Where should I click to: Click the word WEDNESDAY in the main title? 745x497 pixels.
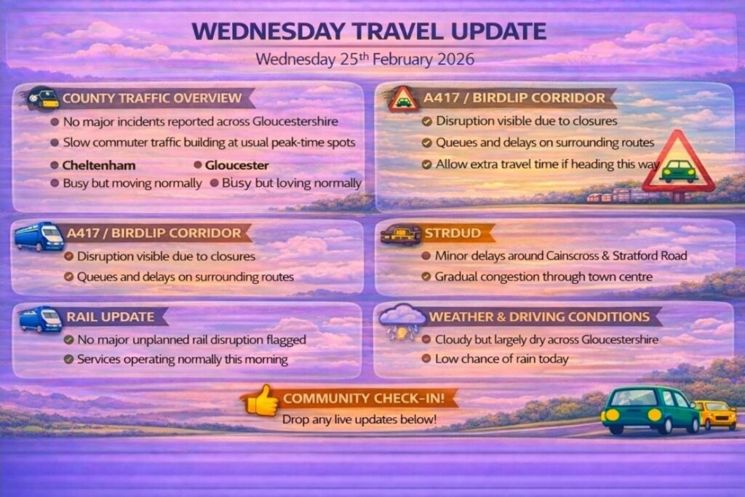[x=268, y=31]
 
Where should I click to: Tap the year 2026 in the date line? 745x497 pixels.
[x=455, y=60]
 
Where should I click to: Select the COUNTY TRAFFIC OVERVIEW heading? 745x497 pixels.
[x=152, y=98]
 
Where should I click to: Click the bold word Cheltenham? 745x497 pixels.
[x=99, y=165]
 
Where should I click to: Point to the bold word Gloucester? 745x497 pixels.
[x=236, y=165]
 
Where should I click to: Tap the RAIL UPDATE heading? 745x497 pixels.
[x=111, y=317]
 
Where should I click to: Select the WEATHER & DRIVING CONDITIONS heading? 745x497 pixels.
[x=539, y=317]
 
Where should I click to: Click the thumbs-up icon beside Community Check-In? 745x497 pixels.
[x=262, y=400]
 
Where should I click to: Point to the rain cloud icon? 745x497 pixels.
[x=402, y=321]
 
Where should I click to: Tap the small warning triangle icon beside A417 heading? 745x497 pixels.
[x=403, y=99]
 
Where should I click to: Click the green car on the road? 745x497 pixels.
[x=650, y=410]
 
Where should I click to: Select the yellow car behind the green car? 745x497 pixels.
[x=716, y=414]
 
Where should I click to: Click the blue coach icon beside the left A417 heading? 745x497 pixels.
[x=39, y=236]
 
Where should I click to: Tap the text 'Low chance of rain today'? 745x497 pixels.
[x=502, y=359]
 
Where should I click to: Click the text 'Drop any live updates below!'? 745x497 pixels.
[x=359, y=420]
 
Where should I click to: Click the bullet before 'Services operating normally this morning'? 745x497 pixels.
[x=69, y=359]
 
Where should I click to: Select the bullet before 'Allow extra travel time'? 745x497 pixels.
[x=426, y=164]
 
